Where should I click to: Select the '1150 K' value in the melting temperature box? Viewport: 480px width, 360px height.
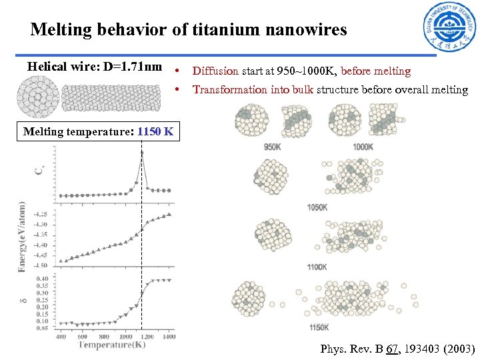tap(155, 131)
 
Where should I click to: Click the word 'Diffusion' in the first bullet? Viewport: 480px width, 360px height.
tap(215, 71)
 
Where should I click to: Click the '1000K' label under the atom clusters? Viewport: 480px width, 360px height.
tap(363, 147)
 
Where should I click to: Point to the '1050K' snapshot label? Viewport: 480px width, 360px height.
tap(317, 207)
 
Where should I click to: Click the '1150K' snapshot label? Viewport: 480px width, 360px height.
tap(319, 327)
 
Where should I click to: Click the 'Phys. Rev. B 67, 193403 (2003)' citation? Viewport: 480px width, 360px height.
tap(397, 349)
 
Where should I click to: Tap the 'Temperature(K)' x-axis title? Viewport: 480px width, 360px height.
tap(111, 345)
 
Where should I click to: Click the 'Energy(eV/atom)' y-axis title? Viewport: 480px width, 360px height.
tap(21, 237)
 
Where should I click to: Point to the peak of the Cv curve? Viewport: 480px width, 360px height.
tap(141, 153)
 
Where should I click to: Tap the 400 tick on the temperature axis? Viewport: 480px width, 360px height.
tap(61, 337)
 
